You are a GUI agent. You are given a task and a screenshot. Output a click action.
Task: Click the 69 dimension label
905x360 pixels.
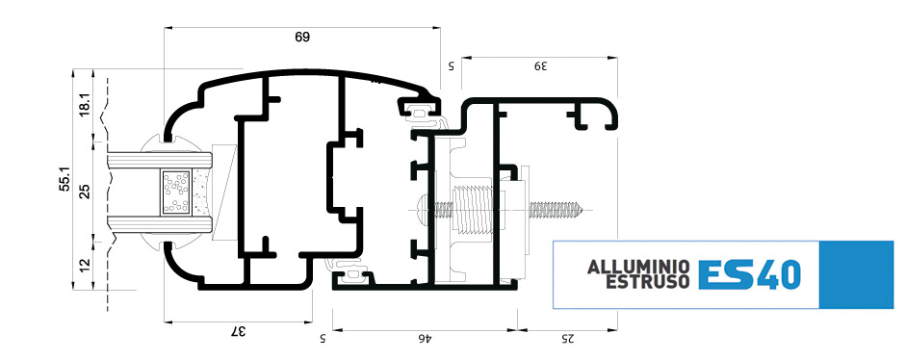[x=302, y=37]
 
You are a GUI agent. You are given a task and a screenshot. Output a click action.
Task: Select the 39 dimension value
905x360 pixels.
[x=539, y=65]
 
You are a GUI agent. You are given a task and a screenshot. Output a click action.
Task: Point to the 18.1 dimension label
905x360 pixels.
[x=85, y=104]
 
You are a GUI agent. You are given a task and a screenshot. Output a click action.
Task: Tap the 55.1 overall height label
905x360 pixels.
[x=65, y=179]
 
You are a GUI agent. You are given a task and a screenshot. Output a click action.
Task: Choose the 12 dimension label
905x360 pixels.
[x=85, y=266]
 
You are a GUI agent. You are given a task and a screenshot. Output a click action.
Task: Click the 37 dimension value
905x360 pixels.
[x=239, y=331]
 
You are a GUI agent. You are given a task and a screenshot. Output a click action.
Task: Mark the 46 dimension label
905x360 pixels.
[x=425, y=339]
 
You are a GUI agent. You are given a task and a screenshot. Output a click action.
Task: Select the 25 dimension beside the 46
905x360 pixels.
[x=568, y=339]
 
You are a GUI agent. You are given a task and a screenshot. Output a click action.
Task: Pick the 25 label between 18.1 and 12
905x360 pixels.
[x=85, y=191]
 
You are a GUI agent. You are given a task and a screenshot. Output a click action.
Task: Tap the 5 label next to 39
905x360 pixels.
[x=452, y=65]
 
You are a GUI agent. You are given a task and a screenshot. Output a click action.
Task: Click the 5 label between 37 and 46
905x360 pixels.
[x=323, y=339]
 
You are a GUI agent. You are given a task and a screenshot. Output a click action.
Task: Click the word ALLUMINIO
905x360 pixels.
[x=637, y=268]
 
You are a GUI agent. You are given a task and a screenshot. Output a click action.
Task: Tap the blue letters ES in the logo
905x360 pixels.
[x=726, y=274]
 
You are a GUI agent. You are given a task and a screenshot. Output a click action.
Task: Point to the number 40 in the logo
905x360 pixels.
[x=778, y=274]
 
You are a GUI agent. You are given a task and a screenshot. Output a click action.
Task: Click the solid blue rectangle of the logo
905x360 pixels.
[x=856, y=274]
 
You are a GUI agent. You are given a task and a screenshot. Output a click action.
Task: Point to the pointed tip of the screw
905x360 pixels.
[x=586, y=210]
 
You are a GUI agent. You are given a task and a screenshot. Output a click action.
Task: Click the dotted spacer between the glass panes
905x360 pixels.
[x=177, y=192]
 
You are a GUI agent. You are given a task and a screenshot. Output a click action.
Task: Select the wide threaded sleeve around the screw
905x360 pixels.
[x=474, y=210]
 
